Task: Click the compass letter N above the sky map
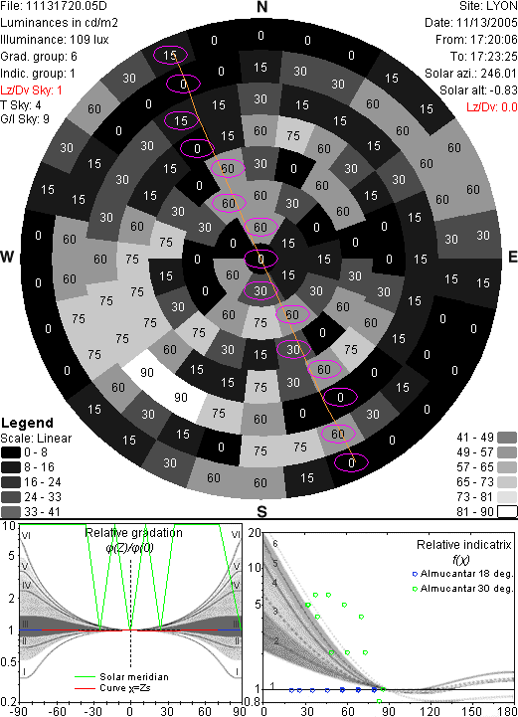[261, 7]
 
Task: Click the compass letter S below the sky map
[261, 511]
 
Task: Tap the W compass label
[7, 257]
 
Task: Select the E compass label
[512, 257]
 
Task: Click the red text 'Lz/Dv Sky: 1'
[31, 90]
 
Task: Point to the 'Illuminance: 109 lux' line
[55, 40]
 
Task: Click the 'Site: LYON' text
[488, 6]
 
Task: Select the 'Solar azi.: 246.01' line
[471, 74]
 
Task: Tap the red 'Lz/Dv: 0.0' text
[492, 107]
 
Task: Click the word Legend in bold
[28, 423]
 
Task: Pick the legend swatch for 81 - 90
[507, 511]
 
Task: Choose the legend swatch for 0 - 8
[11, 452]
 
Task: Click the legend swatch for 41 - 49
[507, 438]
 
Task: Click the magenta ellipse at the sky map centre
[260, 260]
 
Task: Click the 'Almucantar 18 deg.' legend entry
[466, 574]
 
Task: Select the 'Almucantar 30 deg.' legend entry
[466, 589]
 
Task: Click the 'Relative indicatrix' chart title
[463, 545]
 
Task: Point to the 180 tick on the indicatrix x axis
[507, 711]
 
